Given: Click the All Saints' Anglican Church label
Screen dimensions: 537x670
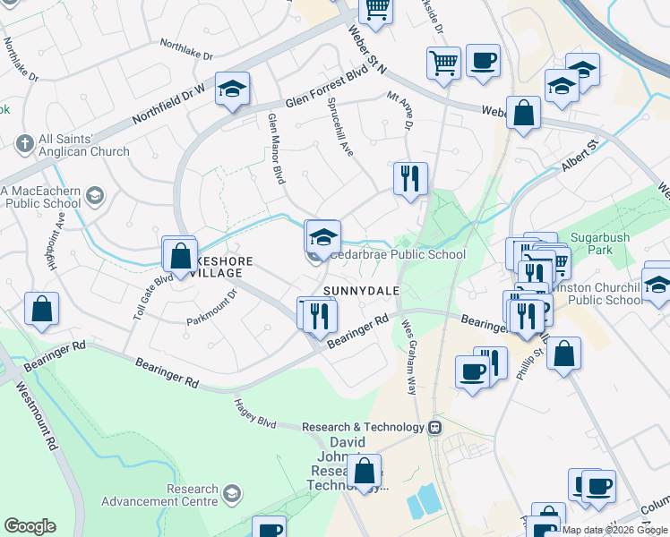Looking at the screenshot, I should pyautogui.click(x=83, y=146).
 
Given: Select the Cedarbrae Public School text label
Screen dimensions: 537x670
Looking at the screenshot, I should pyautogui.click(x=398, y=254).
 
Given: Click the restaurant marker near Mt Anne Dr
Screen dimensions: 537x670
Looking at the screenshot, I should pyautogui.click(x=410, y=177).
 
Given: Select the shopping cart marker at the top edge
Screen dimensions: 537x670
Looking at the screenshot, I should pyautogui.click(x=377, y=10).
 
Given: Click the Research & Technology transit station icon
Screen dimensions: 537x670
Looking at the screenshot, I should pyautogui.click(x=435, y=427).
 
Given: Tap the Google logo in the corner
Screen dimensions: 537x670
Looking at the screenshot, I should pyautogui.click(x=29, y=526).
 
